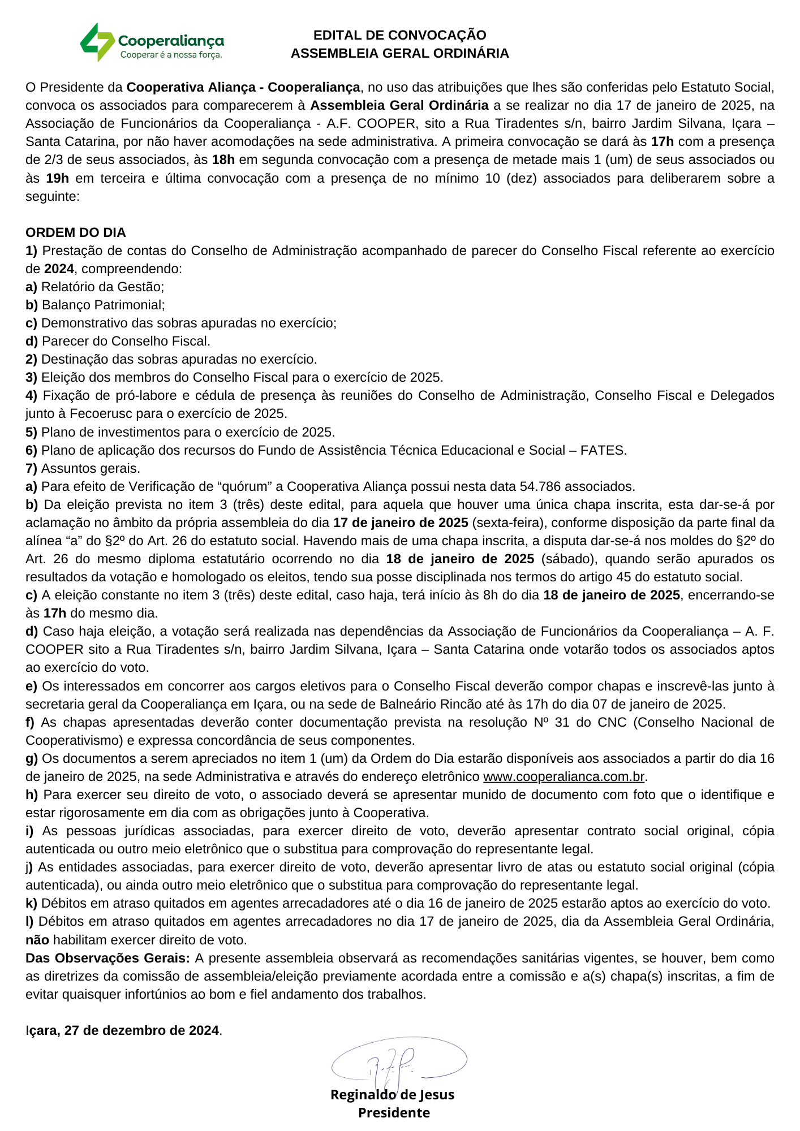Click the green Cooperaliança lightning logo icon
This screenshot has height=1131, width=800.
click(x=97, y=42)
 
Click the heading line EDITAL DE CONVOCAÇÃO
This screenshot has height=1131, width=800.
click(x=399, y=35)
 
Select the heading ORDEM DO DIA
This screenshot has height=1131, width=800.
click(x=76, y=232)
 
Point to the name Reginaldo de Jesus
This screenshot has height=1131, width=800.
click(x=392, y=1095)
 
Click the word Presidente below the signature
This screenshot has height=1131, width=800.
click(x=394, y=1113)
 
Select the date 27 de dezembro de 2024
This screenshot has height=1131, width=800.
click(x=141, y=1030)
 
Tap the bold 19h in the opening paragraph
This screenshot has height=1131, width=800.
click(x=57, y=178)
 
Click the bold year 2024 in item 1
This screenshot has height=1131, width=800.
click(x=59, y=269)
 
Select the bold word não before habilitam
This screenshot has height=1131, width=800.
click(x=37, y=940)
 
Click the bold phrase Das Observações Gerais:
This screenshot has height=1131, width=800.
click(x=107, y=958)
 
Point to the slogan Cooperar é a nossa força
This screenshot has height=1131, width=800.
click(x=171, y=55)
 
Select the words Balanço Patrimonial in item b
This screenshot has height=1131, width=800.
click(x=103, y=305)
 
